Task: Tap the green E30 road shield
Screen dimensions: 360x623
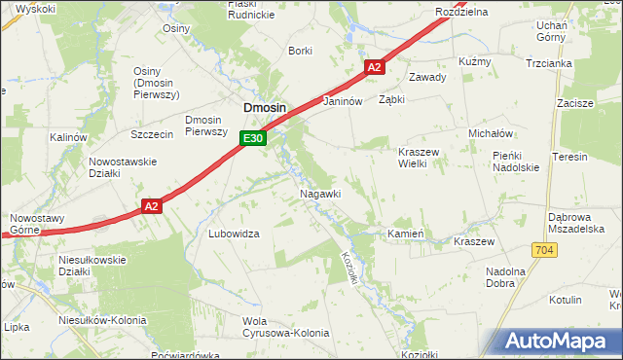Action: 253,139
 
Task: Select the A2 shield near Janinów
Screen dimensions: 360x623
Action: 376,66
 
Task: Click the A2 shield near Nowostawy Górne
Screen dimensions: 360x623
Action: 150,206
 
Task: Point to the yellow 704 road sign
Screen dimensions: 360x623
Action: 544,250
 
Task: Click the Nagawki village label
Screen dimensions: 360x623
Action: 319,194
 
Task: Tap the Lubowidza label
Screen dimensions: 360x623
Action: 234,234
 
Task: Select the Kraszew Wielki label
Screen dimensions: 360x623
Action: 421,158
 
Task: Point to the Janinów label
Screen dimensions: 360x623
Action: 342,101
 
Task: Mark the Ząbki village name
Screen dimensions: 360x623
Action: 391,99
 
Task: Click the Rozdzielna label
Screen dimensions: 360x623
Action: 461,12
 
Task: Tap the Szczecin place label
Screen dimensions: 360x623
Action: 151,133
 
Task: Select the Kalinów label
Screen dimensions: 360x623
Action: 68,138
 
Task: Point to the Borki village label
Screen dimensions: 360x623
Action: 300,51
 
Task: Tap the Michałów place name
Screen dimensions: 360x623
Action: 490,132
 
